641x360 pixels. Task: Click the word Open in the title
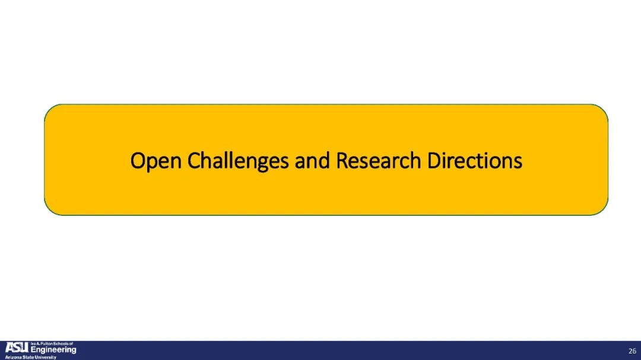click(156, 161)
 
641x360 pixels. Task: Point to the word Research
click(378, 160)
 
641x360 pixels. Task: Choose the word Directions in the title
click(475, 160)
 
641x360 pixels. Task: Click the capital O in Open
click(138, 161)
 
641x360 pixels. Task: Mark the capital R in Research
click(342, 161)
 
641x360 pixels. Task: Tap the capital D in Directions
click(434, 161)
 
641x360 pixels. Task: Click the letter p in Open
click(152, 164)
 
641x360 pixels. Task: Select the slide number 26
click(633, 351)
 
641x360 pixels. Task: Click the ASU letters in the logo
click(17, 348)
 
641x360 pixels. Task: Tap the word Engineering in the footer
click(53, 350)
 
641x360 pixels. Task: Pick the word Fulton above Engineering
click(47, 344)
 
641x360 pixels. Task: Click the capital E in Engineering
click(34, 349)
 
